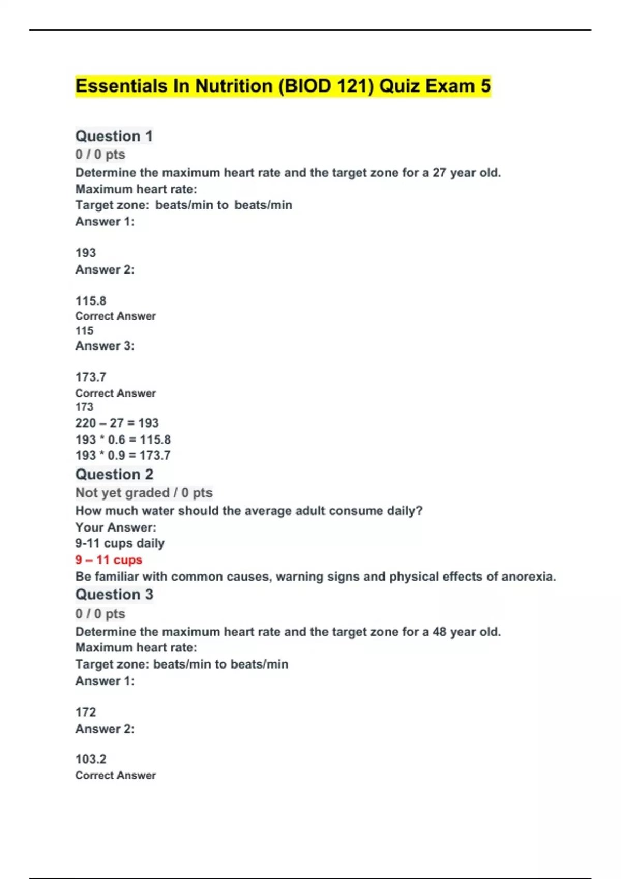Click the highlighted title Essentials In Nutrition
(283, 86)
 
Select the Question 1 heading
(114, 136)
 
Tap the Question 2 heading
(114, 474)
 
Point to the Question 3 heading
(114, 595)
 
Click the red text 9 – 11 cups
(109, 560)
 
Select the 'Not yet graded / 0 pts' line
(144, 493)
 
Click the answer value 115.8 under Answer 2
(91, 301)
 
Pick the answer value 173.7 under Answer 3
(91, 377)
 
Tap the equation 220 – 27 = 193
(117, 423)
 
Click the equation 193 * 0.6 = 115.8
(123, 439)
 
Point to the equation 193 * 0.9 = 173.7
(123, 456)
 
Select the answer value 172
(85, 712)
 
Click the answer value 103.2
(91, 759)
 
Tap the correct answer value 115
(84, 330)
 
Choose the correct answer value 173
(84, 407)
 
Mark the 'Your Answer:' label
(115, 527)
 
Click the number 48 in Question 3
(439, 632)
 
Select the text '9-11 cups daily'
(120, 543)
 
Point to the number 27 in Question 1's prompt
(439, 173)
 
